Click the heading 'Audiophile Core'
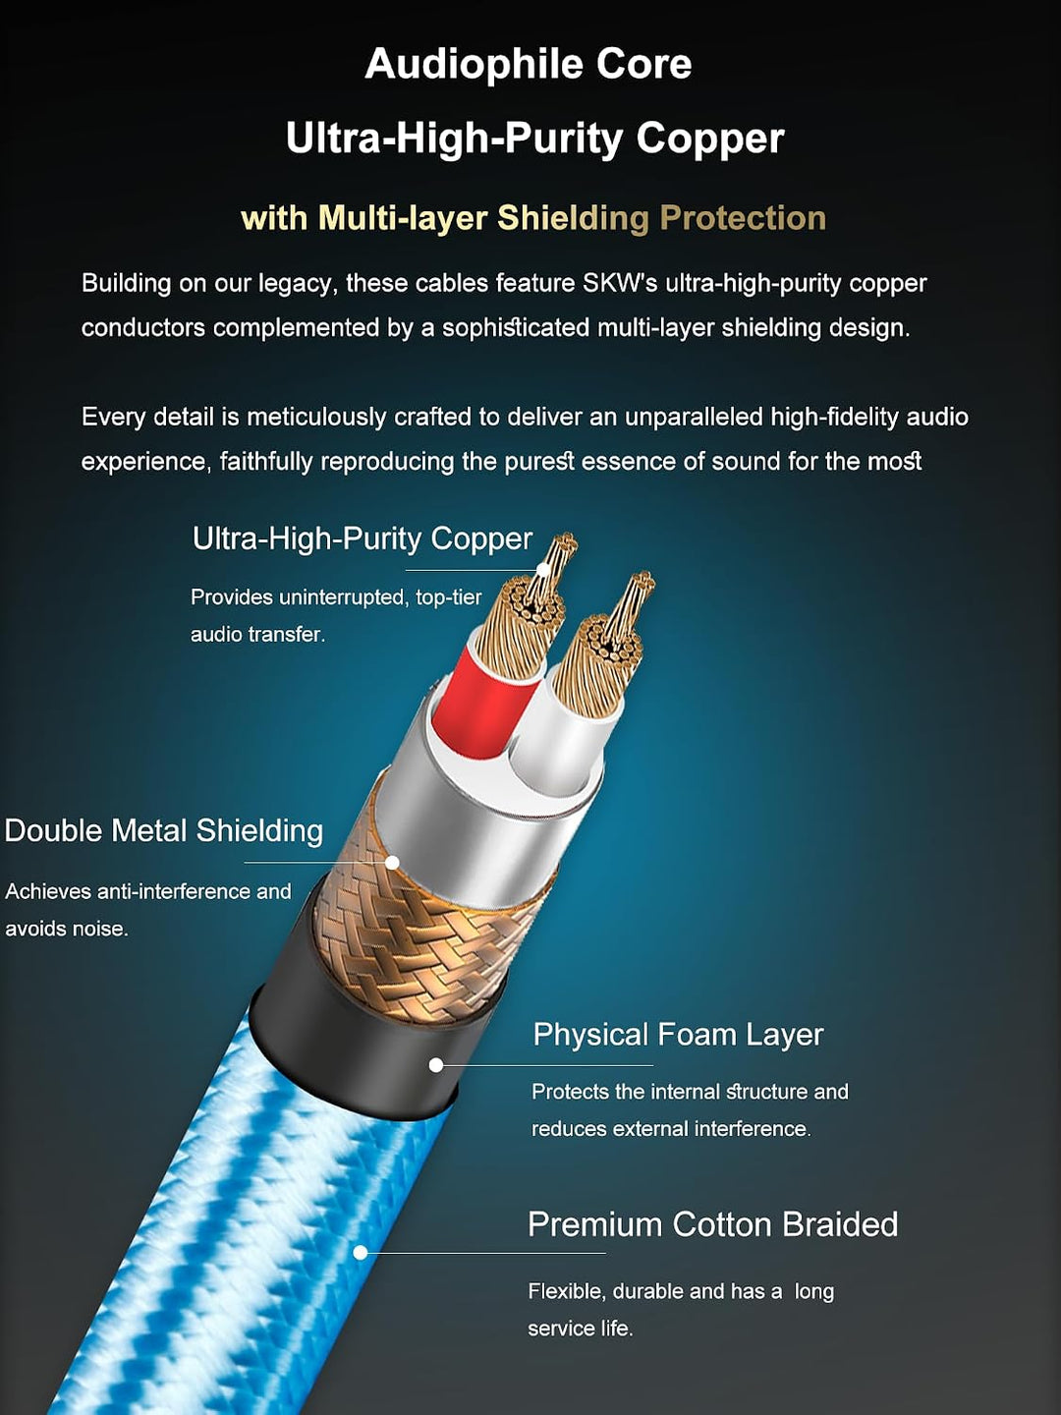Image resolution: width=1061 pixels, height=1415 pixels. pos(529,65)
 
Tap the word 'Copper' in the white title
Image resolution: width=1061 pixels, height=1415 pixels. pos(710,140)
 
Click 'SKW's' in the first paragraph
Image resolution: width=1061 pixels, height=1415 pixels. pos(620,284)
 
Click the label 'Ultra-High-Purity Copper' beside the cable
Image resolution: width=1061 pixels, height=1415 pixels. pos(363,538)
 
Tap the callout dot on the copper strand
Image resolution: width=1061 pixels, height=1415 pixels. pos(543,570)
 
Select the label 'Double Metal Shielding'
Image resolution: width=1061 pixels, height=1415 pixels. pos(164,831)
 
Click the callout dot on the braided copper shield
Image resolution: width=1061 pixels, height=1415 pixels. pos(392,863)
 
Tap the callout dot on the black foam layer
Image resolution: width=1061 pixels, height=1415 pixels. pos(436,1065)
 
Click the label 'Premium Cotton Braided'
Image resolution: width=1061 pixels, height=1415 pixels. pos(713,1224)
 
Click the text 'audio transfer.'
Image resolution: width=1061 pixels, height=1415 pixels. pos(257,636)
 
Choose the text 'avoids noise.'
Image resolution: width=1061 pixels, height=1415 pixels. pos(67,929)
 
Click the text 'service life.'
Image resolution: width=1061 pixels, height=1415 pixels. pos(581,1329)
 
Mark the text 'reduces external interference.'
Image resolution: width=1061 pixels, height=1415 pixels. pos(671,1129)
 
